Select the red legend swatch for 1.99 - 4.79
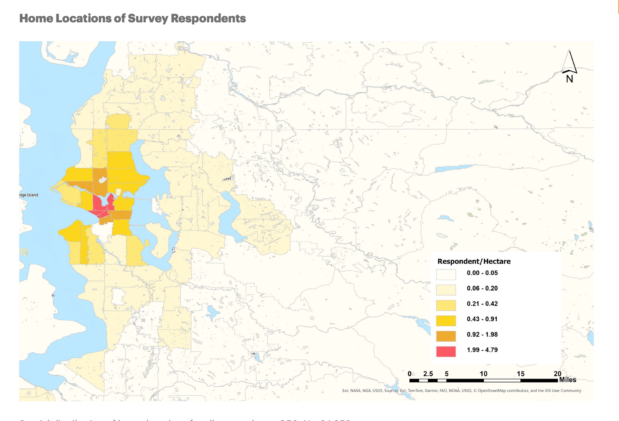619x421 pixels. pos(446,351)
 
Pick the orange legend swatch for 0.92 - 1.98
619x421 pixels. pos(446,336)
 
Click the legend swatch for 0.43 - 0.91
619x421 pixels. pos(446,320)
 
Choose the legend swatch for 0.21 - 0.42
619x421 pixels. pos(446,305)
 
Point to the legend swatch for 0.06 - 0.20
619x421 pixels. pos(446,290)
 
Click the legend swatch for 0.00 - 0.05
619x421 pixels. pos(446,274)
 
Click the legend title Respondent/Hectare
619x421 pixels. pos(474,261)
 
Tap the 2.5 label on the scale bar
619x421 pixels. pos(428,374)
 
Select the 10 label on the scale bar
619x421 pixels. pos(483,374)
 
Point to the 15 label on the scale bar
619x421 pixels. pos(520,374)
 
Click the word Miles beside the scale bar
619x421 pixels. pos(568,380)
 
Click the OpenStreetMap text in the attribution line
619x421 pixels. pos(492,391)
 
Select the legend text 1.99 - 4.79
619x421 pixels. pos(482,350)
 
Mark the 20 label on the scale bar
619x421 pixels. pos(557,374)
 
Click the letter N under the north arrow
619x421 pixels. pos(570,79)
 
